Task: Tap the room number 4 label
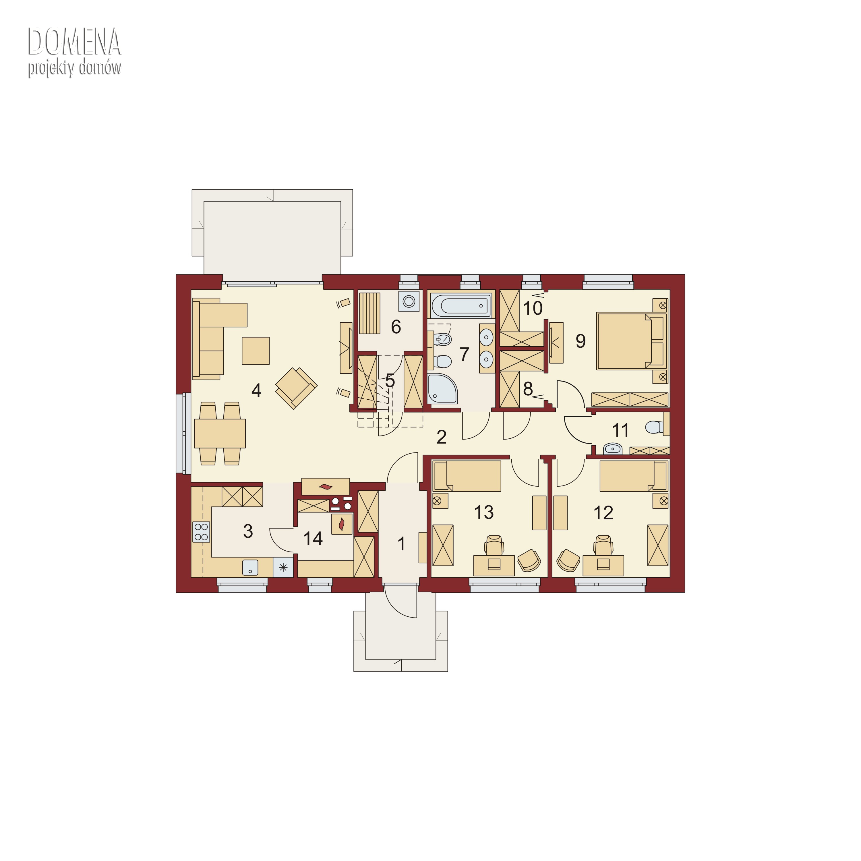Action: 256,391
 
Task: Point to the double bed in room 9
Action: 632,341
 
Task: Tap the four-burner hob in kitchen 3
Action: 201,532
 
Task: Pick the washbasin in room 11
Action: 613,449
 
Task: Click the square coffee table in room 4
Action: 255,351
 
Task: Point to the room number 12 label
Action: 603,513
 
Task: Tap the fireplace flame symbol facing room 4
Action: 326,487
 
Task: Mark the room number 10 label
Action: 533,308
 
